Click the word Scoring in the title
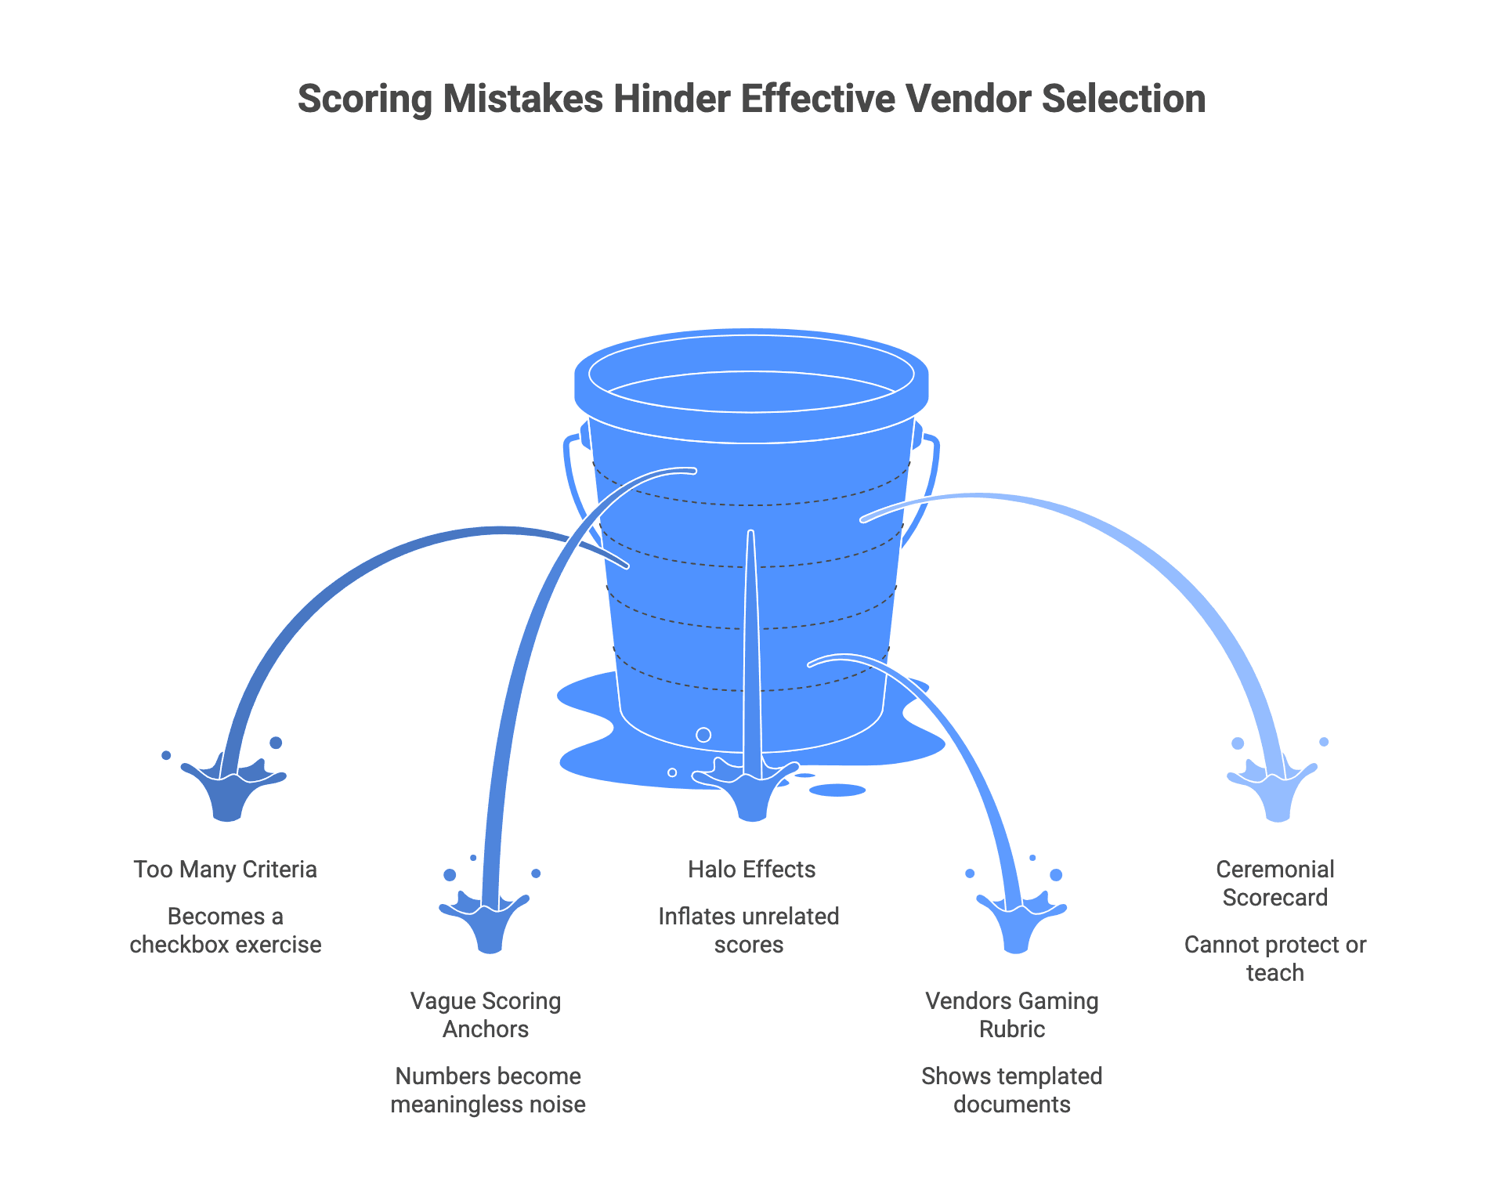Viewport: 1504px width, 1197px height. [x=365, y=100]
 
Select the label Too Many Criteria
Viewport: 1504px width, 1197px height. [x=225, y=870]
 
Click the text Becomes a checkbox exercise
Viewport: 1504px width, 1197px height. [x=225, y=931]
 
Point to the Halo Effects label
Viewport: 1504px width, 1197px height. [x=751, y=870]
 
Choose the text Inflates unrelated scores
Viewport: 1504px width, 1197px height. [x=748, y=931]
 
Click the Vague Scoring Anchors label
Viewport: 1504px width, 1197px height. [x=486, y=1015]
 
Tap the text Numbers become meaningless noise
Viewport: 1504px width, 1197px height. [x=487, y=1090]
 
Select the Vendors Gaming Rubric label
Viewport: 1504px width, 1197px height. [x=1011, y=1015]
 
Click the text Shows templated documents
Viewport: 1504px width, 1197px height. [x=1011, y=1090]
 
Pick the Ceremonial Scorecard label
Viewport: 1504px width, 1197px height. [x=1274, y=884]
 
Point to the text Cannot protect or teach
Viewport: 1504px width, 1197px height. [x=1274, y=959]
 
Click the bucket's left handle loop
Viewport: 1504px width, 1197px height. [x=576, y=478]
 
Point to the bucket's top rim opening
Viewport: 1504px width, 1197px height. [x=751, y=374]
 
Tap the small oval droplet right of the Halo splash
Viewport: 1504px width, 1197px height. [x=837, y=790]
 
